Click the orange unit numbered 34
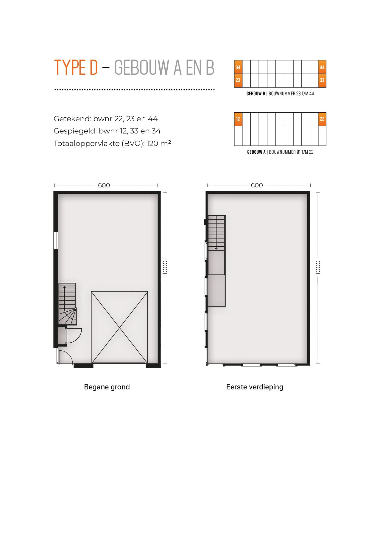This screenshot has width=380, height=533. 238,67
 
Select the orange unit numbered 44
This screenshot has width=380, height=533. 322,67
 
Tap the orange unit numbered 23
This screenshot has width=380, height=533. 238,80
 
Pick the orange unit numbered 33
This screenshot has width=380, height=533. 322,80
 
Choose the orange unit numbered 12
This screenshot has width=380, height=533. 238,119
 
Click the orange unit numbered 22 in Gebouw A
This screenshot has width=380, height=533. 322,119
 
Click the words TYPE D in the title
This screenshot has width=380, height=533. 76,68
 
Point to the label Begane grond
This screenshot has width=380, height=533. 107,387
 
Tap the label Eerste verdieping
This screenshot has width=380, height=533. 255,387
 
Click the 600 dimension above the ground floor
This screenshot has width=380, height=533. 104,185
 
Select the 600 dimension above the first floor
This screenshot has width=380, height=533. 257,185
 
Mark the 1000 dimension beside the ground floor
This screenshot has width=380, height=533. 165,267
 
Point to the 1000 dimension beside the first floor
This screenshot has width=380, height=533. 318,267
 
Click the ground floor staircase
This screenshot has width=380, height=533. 67,304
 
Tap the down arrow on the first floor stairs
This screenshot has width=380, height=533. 216,248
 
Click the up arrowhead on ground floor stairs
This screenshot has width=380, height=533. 64,287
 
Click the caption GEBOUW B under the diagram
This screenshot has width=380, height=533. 256,94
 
